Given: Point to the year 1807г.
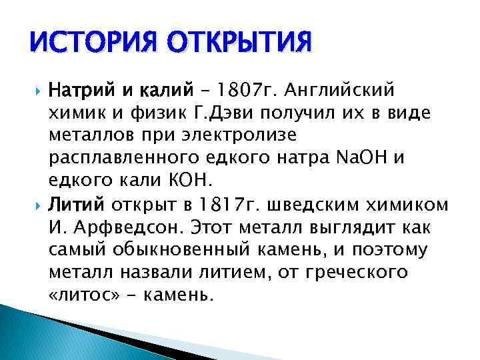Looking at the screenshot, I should coord(247,89).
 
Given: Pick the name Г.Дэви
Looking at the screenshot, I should coord(230,112).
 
